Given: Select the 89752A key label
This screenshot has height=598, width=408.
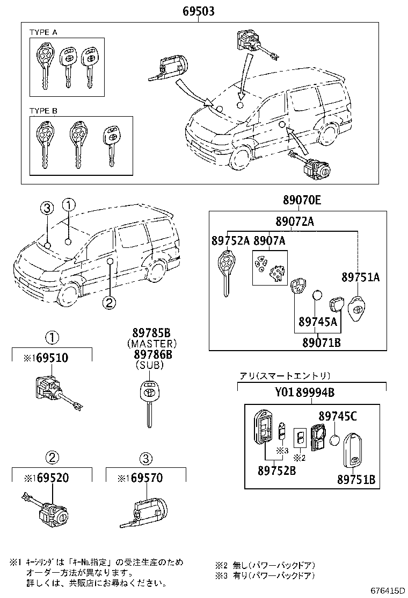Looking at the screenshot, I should click(x=230, y=241).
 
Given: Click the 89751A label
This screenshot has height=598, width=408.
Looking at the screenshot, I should click(x=360, y=277).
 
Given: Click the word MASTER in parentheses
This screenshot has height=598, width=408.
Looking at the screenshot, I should click(x=152, y=343).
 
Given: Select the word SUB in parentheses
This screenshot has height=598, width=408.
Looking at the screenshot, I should click(x=152, y=365).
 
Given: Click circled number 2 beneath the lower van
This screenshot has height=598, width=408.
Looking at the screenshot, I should click(x=108, y=303).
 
